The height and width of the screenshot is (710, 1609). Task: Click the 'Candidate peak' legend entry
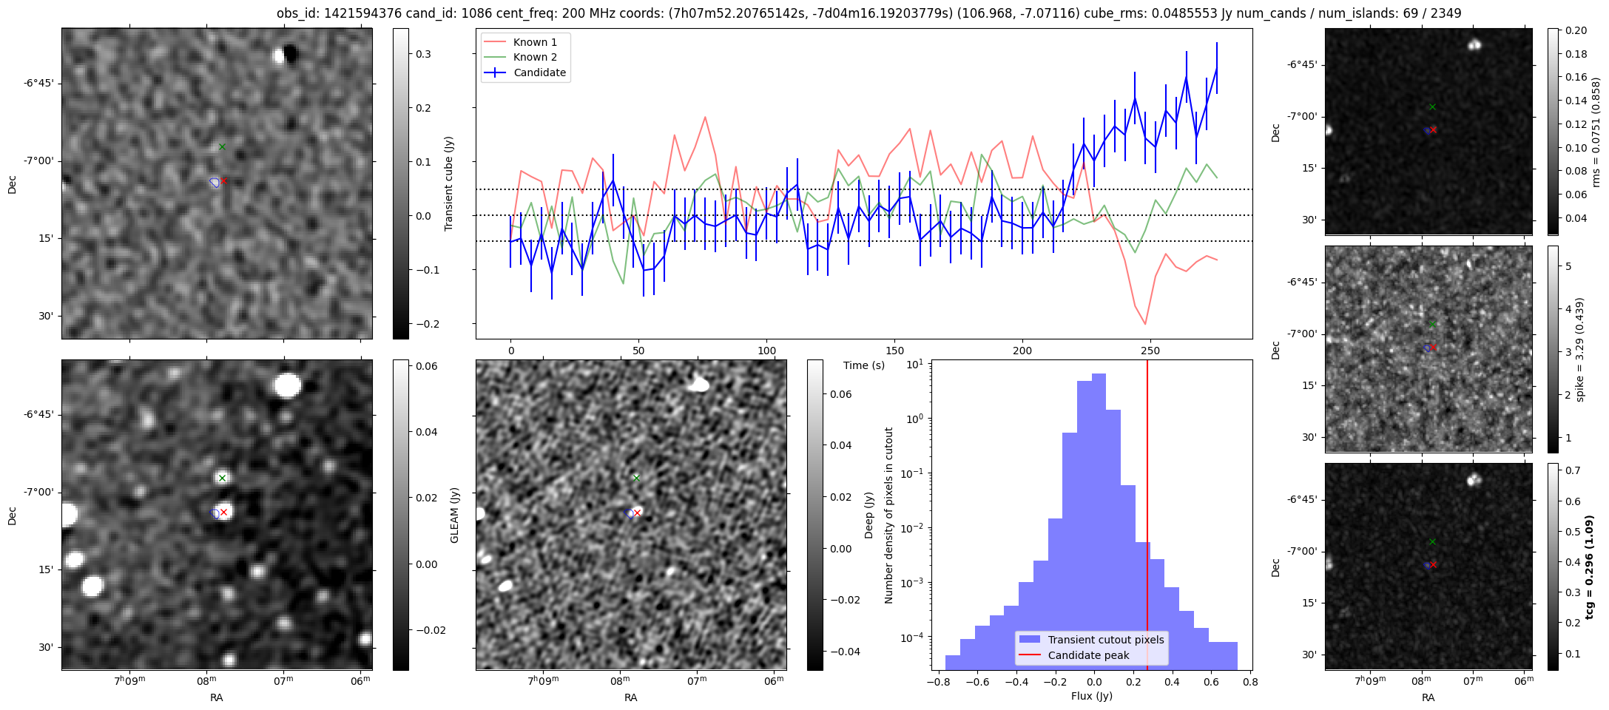coord(1088,655)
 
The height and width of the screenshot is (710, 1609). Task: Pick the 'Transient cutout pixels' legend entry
coord(1105,640)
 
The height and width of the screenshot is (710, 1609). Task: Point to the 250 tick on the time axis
coord(1150,351)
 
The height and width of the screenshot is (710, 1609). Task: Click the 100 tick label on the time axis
coord(767,351)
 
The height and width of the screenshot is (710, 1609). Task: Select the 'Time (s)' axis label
coord(864,365)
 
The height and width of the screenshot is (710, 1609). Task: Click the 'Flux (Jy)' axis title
coord(1091,696)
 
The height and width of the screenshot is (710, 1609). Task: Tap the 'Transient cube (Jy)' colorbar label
coord(448,183)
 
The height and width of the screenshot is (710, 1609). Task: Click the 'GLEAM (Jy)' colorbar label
coord(454,515)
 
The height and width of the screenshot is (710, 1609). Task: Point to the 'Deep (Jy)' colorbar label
coord(868,515)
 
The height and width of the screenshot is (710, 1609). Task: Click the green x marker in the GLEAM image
coord(222,478)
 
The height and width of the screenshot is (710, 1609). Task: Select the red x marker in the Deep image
coord(637,513)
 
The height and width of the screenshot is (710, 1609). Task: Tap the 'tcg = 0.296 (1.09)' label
coord(1589,567)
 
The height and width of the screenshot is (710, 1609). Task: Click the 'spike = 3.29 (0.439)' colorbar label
coord(1579,349)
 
